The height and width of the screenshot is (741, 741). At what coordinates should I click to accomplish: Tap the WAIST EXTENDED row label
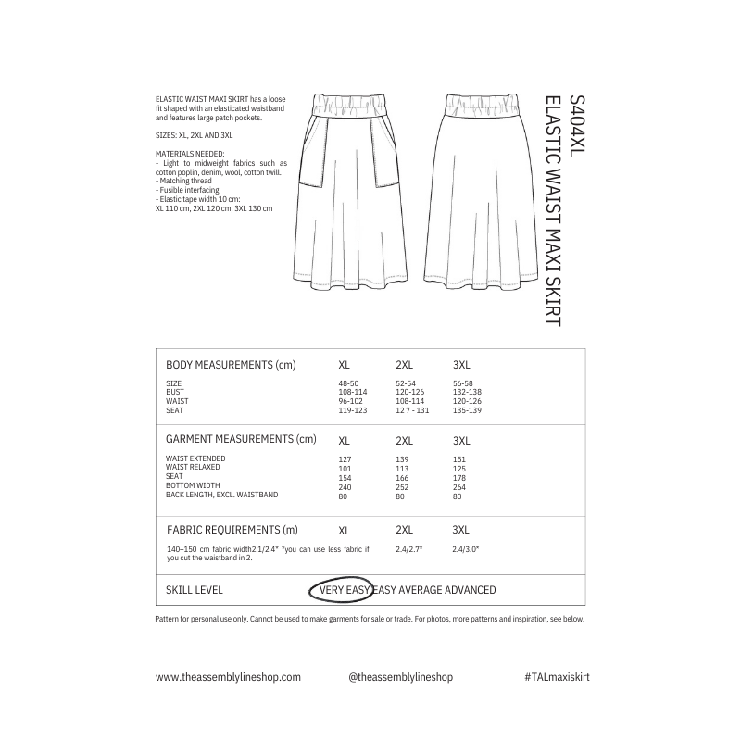195,458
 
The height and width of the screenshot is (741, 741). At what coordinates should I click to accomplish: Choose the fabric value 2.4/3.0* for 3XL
465,550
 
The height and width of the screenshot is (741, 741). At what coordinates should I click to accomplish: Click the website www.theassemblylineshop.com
228,677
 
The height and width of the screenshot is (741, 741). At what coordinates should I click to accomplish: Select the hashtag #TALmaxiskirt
557,677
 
